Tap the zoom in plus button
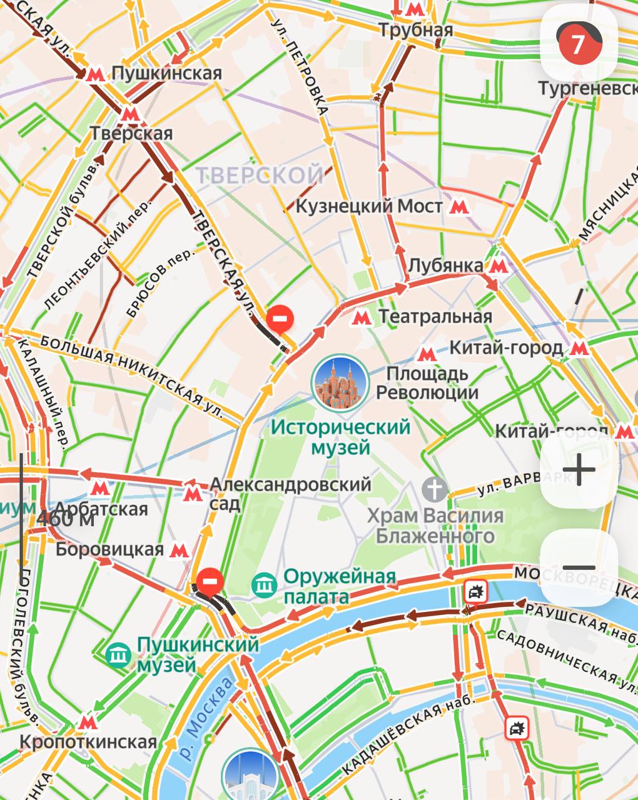[579, 470]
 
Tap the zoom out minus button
[579, 567]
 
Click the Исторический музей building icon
[338, 382]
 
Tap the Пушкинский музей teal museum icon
[118, 654]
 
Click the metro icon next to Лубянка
[498, 266]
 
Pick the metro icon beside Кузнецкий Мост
[460, 207]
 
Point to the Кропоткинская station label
[88, 742]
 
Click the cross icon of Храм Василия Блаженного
[435, 489]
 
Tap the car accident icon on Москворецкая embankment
[475, 591]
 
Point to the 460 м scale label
[65, 519]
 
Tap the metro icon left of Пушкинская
[95, 74]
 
